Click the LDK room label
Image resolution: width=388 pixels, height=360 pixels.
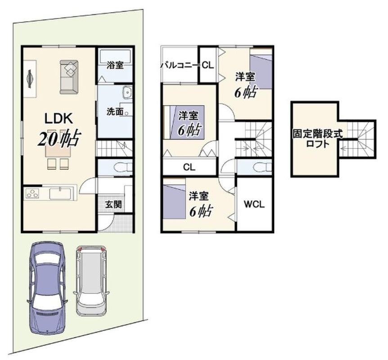point(59,118)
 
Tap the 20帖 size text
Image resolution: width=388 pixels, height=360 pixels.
point(59,139)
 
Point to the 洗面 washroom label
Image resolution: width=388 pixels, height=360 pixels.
point(115,112)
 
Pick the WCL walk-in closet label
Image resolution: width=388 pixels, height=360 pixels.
point(254,204)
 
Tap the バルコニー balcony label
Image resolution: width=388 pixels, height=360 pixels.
point(180,65)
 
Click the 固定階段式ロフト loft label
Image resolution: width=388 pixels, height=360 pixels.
point(318,139)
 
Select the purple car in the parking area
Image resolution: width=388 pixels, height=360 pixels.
point(47,288)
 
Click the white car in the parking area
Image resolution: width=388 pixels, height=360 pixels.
point(91,281)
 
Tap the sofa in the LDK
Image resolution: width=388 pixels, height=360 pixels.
point(69,77)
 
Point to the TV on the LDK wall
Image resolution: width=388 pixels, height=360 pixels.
point(30,79)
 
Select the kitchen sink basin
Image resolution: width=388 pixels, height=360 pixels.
point(61,193)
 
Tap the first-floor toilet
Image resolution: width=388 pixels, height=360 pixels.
point(123,167)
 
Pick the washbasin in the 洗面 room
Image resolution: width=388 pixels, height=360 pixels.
point(127,92)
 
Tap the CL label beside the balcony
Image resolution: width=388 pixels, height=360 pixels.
point(208,65)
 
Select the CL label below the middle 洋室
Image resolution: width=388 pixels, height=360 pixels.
point(189,167)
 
